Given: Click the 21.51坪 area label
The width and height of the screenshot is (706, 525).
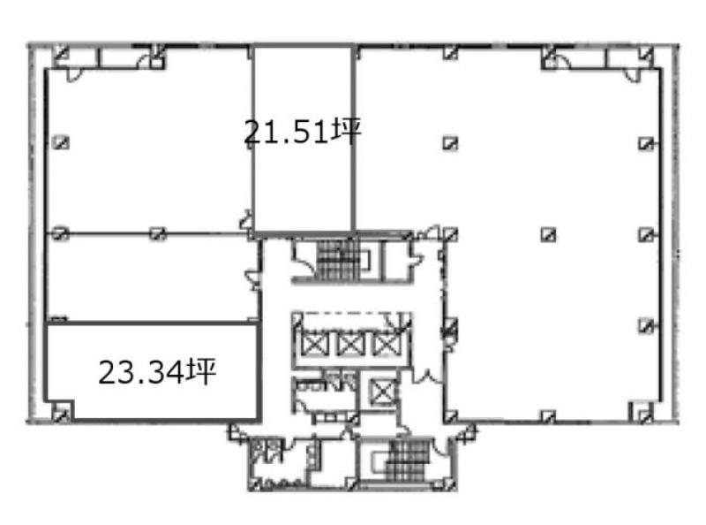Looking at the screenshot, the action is click(x=302, y=132).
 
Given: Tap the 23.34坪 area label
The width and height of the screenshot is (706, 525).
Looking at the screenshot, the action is click(x=157, y=372).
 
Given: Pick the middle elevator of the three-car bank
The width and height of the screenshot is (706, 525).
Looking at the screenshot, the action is click(x=349, y=345).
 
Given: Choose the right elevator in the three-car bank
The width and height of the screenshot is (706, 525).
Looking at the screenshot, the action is click(x=385, y=345).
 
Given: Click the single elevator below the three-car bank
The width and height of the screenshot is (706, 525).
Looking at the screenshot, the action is click(x=383, y=391).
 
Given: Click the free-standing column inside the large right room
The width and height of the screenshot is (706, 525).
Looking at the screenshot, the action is click(x=548, y=234).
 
